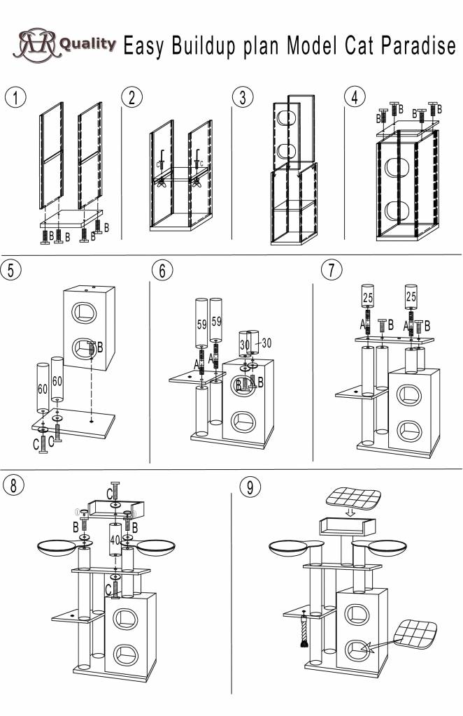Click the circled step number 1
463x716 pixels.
click(x=15, y=97)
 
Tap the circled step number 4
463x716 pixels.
click(x=355, y=97)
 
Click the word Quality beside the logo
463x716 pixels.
click(x=87, y=44)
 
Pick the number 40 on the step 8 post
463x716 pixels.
click(x=116, y=540)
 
